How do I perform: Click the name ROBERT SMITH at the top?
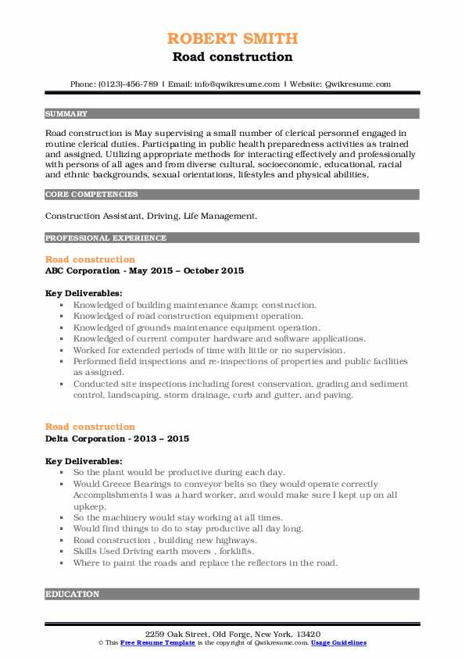pos(232,38)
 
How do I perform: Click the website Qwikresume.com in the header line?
pos(356,84)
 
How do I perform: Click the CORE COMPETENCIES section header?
pos(91,195)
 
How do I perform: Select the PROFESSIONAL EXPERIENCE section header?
pos(106,238)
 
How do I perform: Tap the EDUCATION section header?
pos(73,595)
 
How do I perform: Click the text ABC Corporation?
pos(84,271)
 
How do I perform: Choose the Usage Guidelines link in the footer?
pos(338,642)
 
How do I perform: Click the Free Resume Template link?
pos(147,642)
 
